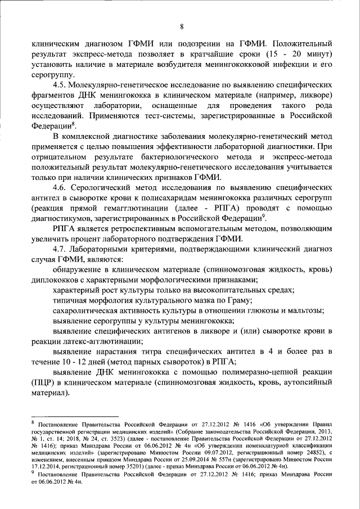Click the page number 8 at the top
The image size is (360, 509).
(182, 26)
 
